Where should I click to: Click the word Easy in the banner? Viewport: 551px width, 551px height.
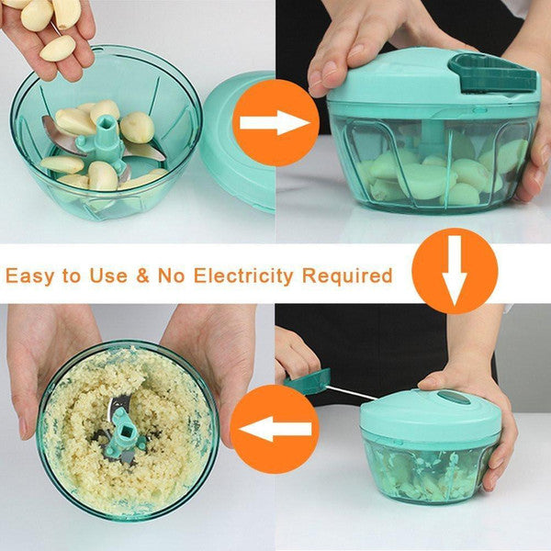[x=30, y=275]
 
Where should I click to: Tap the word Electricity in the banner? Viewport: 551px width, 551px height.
[x=243, y=275]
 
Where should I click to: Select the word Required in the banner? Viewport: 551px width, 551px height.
[x=347, y=275]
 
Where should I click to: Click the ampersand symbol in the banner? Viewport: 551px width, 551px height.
[x=142, y=275]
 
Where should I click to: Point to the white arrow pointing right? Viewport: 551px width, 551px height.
[x=275, y=123]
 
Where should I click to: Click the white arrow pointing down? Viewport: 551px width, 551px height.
[x=455, y=270]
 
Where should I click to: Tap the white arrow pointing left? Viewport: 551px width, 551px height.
[x=275, y=429]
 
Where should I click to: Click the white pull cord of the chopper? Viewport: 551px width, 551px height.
[x=353, y=393]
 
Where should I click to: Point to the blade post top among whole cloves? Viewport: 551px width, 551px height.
[x=105, y=125]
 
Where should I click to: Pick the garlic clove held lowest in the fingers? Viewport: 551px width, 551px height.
[x=58, y=48]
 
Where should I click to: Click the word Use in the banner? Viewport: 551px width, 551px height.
[x=107, y=275]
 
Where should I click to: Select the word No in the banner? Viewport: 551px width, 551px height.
[x=171, y=275]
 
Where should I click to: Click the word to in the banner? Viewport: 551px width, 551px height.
[x=72, y=275]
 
